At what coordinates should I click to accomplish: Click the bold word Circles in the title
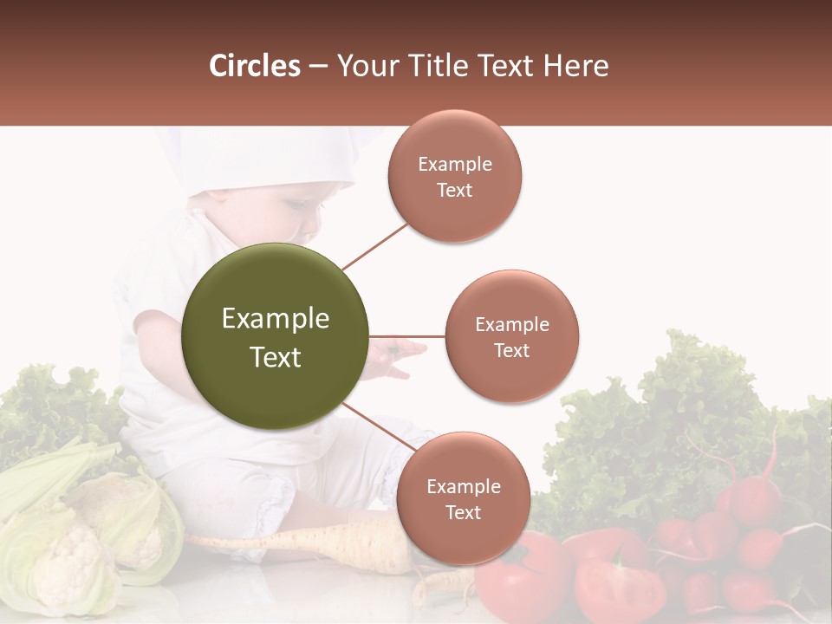click(255, 66)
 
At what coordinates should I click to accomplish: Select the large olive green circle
click(276, 336)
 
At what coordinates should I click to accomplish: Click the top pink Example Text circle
click(454, 176)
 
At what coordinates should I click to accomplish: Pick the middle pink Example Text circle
click(511, 336)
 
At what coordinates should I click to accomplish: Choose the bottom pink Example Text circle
click(463, 498)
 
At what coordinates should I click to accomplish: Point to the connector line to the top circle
click(374, 245)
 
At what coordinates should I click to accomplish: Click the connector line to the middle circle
click(407, 336)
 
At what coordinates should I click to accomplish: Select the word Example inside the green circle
click(276, 319)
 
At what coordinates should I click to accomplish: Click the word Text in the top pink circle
click(454, 190)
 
